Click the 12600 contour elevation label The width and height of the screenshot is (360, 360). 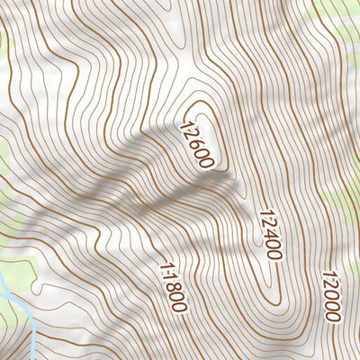click(197, 145)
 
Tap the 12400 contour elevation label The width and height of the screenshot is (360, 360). click(269, 234)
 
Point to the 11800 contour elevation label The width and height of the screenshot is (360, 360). click(171, 286)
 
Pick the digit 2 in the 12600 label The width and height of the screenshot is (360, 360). click(191, 134)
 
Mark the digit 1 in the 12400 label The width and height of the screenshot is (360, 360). click(262, 213)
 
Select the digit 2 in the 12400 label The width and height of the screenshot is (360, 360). click(265, 223)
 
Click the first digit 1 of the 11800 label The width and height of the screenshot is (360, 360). click(164, 265)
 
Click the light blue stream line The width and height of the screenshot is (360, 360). click(13, 297)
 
